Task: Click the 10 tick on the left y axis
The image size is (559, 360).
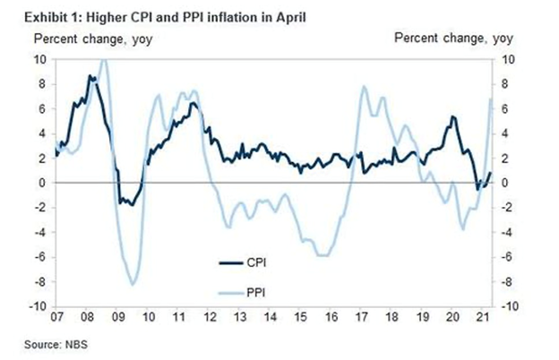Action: pyautogui.click(x=40, y=59)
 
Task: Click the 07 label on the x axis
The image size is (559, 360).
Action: pyautogui.click(x=56, y=318)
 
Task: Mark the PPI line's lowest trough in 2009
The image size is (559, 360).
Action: pyautogui.click(x=133, y=284)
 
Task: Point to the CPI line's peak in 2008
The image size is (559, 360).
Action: pyautogui.click(x=90, y=76)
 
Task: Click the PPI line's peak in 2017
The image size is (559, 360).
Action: pyautogui.click(x=364, y=86)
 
